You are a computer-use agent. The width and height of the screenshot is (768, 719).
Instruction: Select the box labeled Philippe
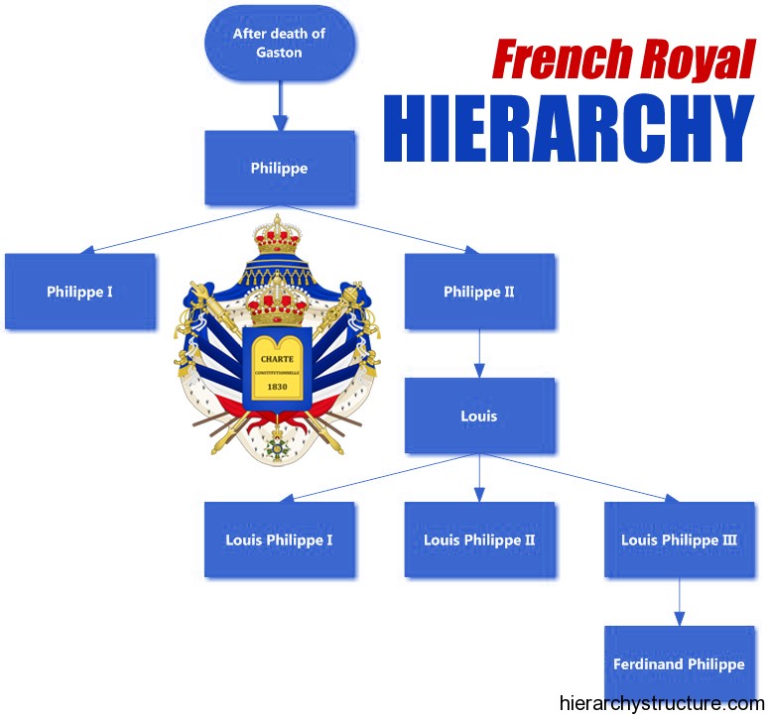pyautogui.click(x=279, y=168)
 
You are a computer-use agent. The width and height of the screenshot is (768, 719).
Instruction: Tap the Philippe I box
pyautogui.click(x=80, y=292)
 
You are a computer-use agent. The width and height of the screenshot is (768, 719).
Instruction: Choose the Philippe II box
pyautogui.click(x=479, y=292)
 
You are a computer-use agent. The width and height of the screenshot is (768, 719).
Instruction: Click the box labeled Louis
pyautogui.click(x=479, y=416)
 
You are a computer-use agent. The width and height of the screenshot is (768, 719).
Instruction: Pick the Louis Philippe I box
pyautogui.click(x=279, y=539)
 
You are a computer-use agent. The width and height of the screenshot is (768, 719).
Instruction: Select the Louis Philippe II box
pyautogui.click(x=479, y=539)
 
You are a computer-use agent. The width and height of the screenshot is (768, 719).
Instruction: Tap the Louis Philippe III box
pyautogui.click(x=680, y=539)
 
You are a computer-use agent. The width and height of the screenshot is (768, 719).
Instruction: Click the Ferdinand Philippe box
pyautogui.click(x=680, y=663)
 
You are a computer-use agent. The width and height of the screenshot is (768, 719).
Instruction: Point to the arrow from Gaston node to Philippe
pyautogui.click(x=280, y=105)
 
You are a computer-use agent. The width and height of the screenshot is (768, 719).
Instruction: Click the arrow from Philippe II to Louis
pyautogui.click(x=479, y=353)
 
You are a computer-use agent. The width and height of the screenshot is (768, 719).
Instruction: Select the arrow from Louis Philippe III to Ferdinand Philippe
pyautogui.click(x=680, y=601)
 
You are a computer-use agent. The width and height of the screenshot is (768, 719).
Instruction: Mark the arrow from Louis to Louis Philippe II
pyautogui.click(x=479, y=478)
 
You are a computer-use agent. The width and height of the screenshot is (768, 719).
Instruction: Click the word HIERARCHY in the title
pyautogui.click(x=569, y=127)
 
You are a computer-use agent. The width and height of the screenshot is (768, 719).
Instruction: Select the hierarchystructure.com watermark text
pyautogui.click(x=662, y=703)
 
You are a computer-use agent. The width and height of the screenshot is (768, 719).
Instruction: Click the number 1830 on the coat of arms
pyautogui.click(x=277, y=387)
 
